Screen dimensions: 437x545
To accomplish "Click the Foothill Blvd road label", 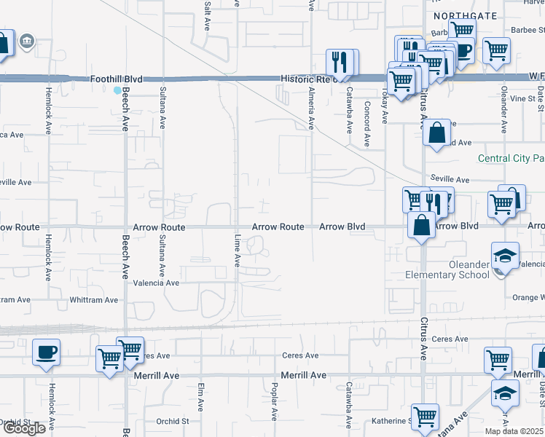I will (117, 79).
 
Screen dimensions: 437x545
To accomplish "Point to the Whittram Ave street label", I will (93, 300).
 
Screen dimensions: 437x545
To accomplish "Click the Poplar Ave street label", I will (275, 401).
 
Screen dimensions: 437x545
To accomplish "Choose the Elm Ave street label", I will (200, 398).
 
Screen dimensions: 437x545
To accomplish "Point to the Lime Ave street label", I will (238, 250).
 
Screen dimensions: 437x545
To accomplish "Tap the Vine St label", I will (522, 98).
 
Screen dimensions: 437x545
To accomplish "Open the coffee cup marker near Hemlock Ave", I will (45, 353).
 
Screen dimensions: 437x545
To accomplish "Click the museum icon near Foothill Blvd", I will (27, 40).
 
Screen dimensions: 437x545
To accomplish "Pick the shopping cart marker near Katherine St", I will (425, 417).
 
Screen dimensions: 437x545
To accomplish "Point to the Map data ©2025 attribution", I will (514, 431).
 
